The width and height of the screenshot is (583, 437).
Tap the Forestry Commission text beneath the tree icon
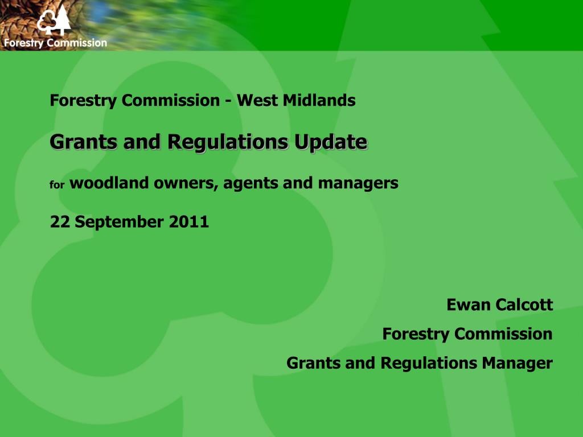55,43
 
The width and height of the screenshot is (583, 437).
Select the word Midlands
325,101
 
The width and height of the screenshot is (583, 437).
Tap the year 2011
189,221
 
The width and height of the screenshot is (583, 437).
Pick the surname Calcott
524,305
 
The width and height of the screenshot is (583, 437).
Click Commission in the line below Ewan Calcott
503,333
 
